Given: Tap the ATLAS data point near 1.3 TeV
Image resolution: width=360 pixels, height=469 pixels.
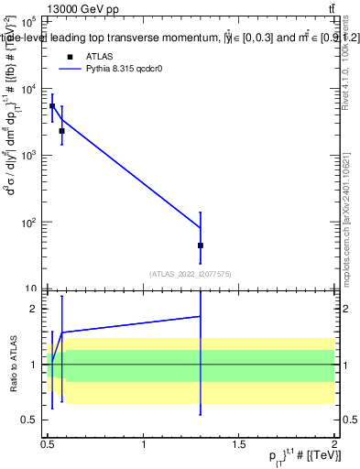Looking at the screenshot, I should (x=200, y=245).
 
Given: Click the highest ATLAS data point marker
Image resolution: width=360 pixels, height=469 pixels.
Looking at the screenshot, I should (x=52, y=106).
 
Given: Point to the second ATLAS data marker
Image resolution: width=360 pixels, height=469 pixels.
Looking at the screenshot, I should (x=61, y=131).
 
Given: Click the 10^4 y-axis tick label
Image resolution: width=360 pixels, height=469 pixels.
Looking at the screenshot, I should (x=29, y=89).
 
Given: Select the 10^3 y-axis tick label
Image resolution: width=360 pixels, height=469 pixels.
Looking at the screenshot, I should (x=29, y=156).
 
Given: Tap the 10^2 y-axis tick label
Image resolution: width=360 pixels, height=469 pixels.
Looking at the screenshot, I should (x=29, y=223).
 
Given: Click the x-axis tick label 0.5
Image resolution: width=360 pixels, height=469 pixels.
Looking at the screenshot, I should (x=49, y=442).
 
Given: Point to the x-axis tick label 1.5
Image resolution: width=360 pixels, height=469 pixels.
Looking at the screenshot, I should (x=239, y=442).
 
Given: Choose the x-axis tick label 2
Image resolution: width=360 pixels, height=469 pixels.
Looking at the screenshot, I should (x=334, y=442).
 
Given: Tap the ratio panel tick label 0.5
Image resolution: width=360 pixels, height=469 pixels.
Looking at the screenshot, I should (x=30, y=420).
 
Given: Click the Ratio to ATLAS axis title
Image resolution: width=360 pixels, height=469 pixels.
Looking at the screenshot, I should (x=13, y=364).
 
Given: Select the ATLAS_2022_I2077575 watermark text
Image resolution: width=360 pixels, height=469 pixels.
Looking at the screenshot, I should (x=191, y=273).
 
